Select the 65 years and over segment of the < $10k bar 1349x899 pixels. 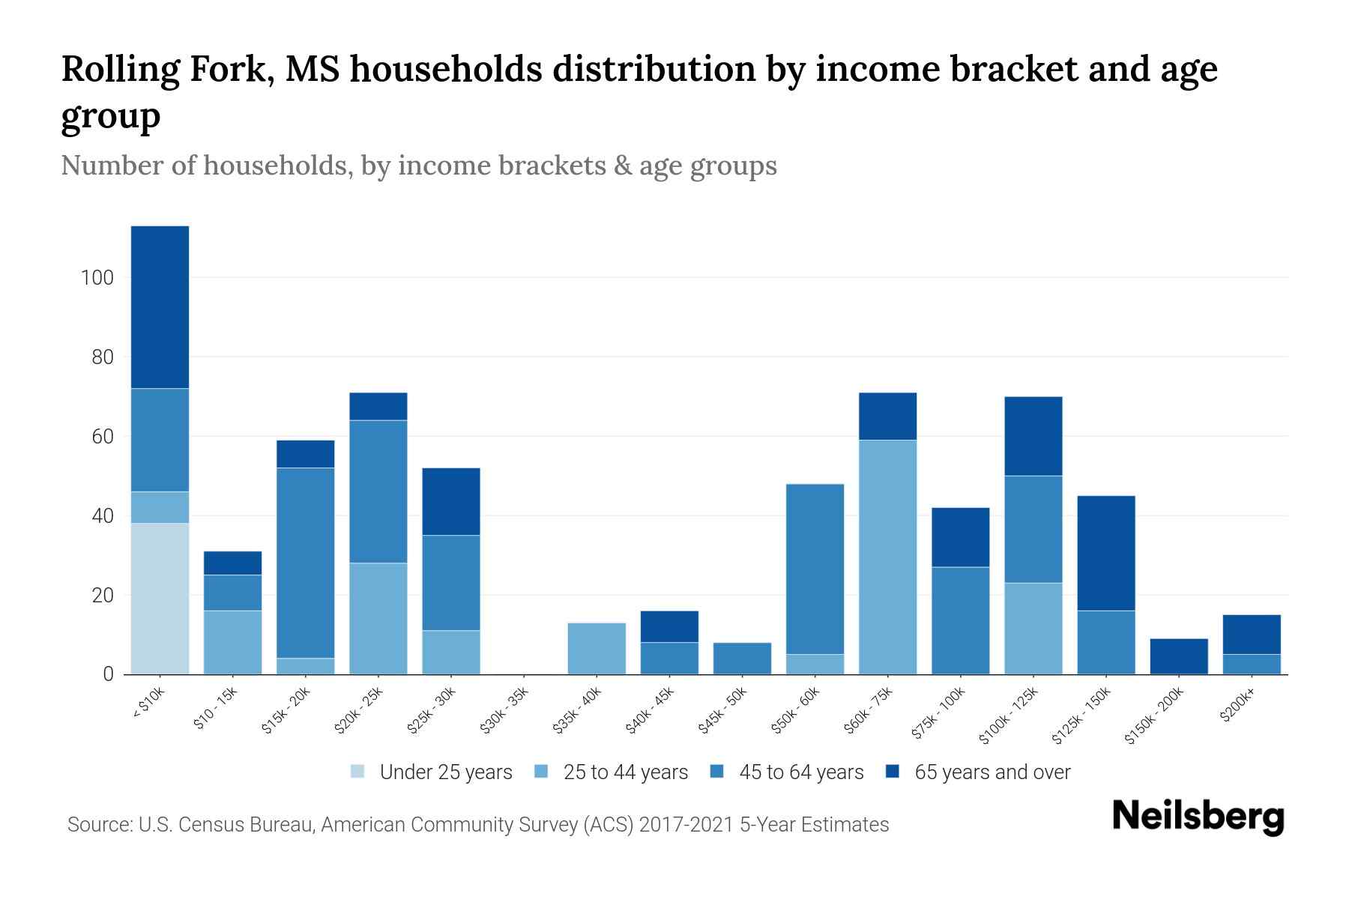click(160, 307)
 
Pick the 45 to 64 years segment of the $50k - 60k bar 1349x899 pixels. click(815, 569)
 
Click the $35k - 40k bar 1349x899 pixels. click(597, 648)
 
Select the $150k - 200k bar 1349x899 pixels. click(1179, 656)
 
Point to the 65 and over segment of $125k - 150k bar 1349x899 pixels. click(1106, 553)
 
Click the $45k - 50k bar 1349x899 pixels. click(742, 658)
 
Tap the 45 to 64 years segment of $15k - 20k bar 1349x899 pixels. click(305, 563)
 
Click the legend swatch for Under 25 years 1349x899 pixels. click(358, 772)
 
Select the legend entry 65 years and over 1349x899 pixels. click(992, 772)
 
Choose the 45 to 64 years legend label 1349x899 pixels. click(800, 772)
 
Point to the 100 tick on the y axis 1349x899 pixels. click(97, 278)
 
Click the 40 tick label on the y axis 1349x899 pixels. click(103, 516)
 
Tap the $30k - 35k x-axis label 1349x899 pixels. click(504, 710)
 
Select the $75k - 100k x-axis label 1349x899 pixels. click(939, 713)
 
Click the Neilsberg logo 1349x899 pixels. click(1198, 816)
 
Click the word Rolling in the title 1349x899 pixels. click(120, 69)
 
